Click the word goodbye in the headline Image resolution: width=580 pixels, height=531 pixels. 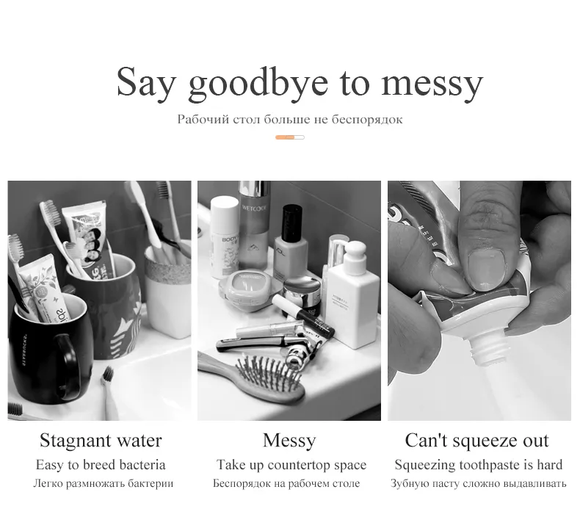coord(258,84)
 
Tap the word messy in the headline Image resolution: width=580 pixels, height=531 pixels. coord(432,87)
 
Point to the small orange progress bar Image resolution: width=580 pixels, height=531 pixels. coord(289,137)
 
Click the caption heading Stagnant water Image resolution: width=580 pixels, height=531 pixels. coord(101,441)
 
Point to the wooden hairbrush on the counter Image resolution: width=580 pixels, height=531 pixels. coord(252,377)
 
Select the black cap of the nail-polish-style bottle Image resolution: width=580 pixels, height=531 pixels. coord(292,223)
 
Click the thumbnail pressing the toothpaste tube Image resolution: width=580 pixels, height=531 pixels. coord(486,270)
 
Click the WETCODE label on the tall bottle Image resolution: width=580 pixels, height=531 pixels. coord(254,208)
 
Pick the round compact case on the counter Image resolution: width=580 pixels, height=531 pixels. coord(246,291)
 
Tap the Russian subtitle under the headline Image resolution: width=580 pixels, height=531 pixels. coord(289,120)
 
